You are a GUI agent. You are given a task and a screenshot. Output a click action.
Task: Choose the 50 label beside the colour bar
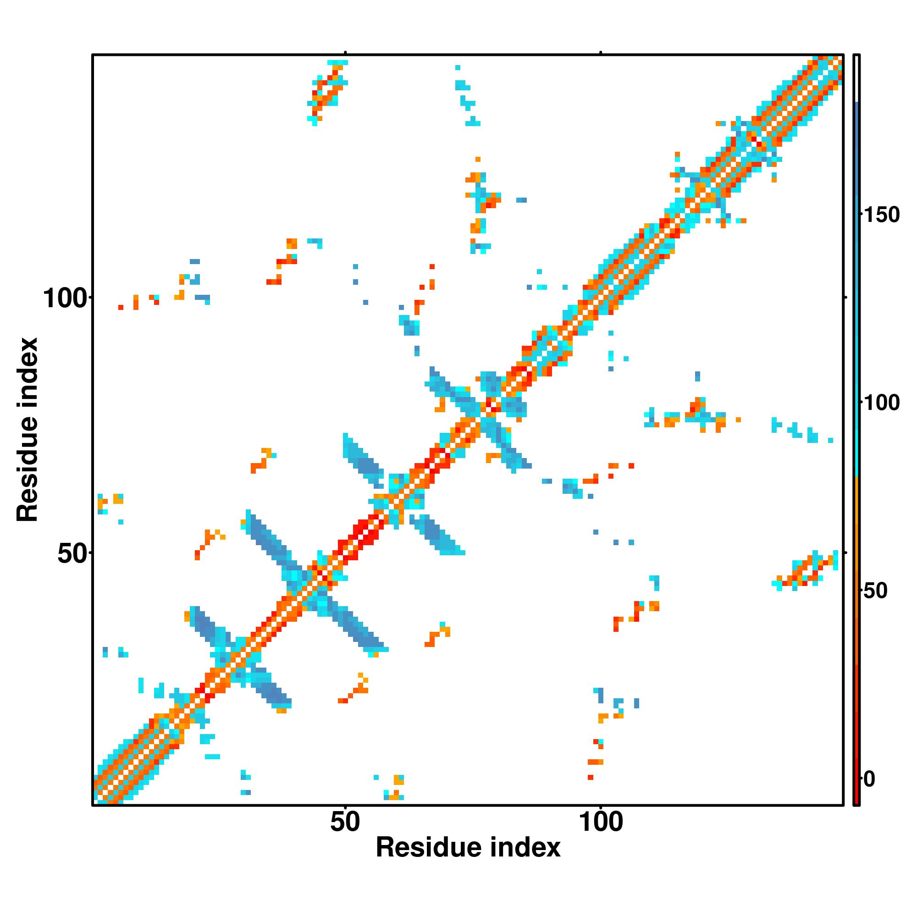pyautogui.click(x=876, y=591)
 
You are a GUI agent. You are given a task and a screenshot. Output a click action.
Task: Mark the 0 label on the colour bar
pyautogui.click(x=869, y=779)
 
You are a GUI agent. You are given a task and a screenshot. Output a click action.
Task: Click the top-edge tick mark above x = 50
pyautogui.click(x=346, y=52)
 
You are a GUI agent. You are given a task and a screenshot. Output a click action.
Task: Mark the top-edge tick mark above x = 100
pyautogui.click(x=601, y=52)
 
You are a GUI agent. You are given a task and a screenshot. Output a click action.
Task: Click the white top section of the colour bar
pyautogui.click(x=857, y=78)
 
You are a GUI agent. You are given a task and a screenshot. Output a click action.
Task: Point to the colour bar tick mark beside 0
pyautogui.click(x=862, y=779)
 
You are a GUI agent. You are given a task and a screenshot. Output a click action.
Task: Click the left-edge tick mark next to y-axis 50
pyautogui.click(x=90, y=552)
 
